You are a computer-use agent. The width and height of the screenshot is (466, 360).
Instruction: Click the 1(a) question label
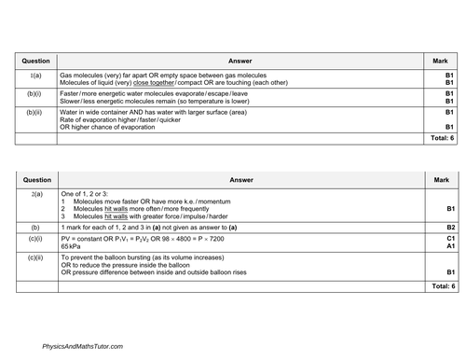coord(34,73)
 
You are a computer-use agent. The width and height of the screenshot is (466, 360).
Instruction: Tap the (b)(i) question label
coord(34,93)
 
